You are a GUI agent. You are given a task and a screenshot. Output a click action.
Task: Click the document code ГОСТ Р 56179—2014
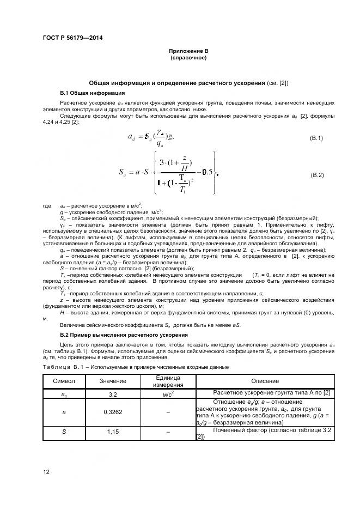72,38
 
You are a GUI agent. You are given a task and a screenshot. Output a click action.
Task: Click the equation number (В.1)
316,138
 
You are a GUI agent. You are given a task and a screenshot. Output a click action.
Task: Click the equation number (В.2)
316,175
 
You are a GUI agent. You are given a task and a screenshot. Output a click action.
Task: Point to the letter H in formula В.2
185,169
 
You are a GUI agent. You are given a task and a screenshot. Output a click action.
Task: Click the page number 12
46,472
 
